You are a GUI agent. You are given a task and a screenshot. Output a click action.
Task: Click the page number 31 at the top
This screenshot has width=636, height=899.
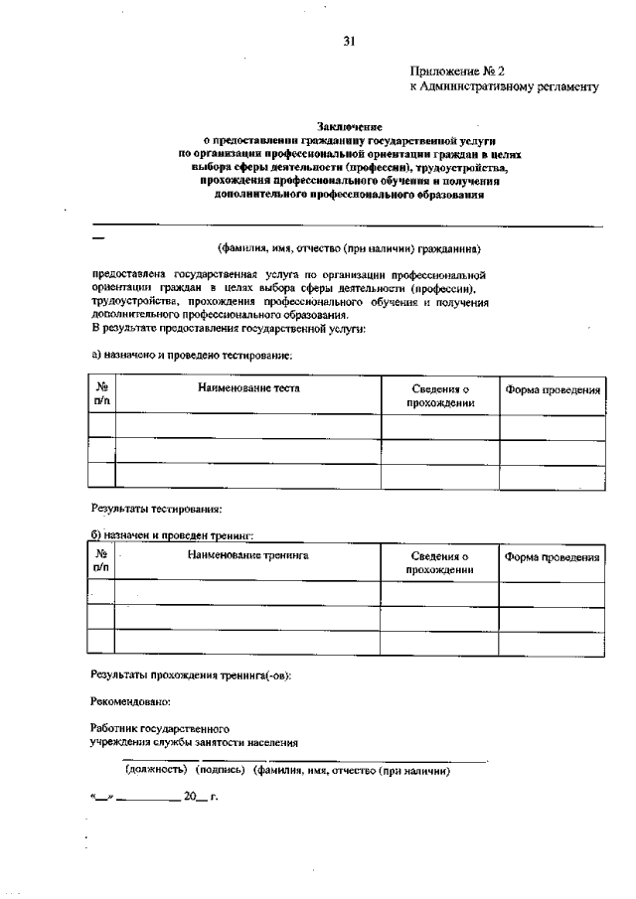coord(349,41)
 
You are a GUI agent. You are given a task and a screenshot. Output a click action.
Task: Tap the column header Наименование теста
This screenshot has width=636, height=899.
coord(248,387)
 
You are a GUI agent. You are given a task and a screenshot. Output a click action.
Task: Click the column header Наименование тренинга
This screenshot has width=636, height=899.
coord(248,556)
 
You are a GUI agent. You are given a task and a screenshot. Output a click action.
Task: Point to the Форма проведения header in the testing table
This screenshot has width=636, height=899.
coord(552,389)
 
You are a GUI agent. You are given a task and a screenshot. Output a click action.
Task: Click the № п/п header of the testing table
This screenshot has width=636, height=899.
coord(101,394)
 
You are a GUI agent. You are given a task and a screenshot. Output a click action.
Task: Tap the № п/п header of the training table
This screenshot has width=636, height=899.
coord(101,561)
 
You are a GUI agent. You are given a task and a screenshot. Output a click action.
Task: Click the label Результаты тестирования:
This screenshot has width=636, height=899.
coord(156,510)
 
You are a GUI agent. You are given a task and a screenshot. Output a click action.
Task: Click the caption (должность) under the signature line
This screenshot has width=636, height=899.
coord(156,770)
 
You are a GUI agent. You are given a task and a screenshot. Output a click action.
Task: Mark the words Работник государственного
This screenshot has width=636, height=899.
coord(160,728)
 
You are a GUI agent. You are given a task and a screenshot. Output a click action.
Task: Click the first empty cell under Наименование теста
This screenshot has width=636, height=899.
coord(248,427)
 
